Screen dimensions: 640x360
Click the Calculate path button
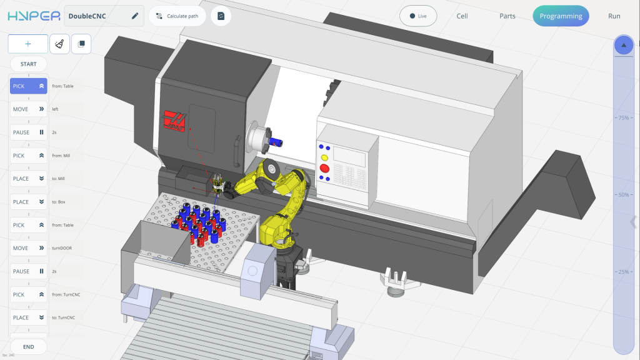177,16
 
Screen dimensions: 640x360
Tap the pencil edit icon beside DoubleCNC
135,16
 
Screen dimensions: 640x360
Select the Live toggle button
418,16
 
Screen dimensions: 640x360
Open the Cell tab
462,16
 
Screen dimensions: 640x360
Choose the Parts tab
507,16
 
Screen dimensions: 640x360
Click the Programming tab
561,16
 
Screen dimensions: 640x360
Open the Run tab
614,16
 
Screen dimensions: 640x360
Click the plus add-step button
27,44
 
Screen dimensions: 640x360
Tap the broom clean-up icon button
59,44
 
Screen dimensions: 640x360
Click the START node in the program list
29,64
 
